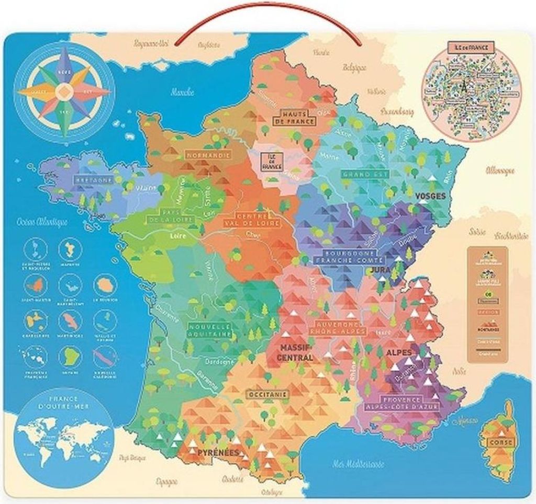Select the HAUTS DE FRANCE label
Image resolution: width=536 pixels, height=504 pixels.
click(297, 118)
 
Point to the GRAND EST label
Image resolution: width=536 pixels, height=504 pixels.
click(365, 174)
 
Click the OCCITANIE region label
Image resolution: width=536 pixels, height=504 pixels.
click(267, 394)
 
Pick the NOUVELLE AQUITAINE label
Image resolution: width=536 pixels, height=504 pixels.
click(209, 330)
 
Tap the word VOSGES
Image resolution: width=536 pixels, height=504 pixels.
click(430, 196)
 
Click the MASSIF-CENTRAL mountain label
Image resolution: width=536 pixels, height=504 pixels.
click(296, 353)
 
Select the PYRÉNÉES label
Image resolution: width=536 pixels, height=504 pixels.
click(218, 452)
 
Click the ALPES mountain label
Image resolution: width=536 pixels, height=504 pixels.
click(399, 352)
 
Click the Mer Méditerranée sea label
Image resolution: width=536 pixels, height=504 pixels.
click(358, 464)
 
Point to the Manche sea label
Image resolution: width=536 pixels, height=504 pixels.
click(182, 92)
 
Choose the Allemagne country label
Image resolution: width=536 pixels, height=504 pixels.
click(500, 171)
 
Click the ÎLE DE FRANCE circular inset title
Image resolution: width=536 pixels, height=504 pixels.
click(467, 48)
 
